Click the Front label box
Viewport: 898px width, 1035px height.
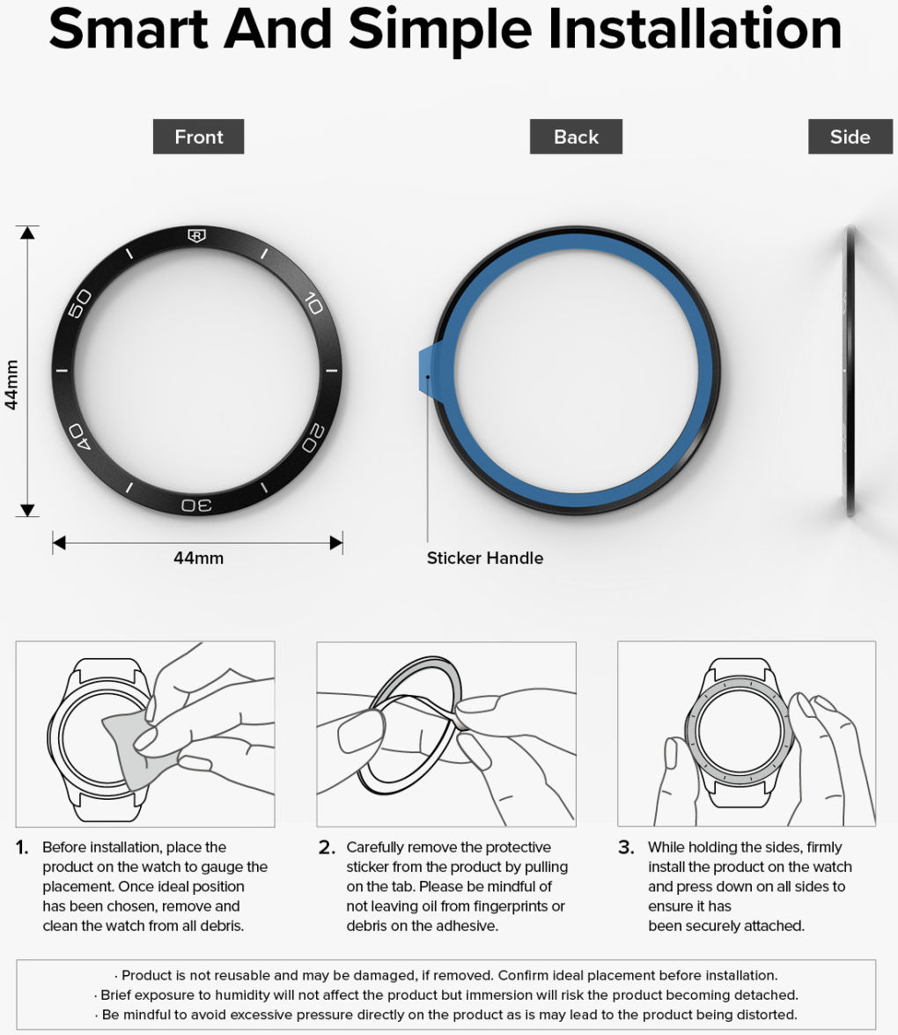(199, 137)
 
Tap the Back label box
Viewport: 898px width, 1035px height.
(576, 137)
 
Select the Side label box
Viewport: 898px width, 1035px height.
(850, 137)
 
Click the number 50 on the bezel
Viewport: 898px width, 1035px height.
(80, 303)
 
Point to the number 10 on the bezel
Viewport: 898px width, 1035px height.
(314, 303)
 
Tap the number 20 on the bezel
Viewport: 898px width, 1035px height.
(313, 439)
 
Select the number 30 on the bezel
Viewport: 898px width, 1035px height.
(196, 505)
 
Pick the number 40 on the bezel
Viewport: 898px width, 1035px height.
(80, 436)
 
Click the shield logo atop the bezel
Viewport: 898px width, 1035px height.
(196, 236)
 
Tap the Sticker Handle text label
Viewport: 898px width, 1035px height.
(485, 558)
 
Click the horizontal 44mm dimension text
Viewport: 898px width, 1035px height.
(199, 558)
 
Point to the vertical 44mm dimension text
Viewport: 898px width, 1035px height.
(11, 386)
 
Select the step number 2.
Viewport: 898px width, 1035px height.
(327, 847)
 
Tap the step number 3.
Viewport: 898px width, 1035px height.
(626, 847)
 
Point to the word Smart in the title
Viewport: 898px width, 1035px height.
(129, 29)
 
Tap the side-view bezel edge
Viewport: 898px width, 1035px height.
(850, 371)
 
